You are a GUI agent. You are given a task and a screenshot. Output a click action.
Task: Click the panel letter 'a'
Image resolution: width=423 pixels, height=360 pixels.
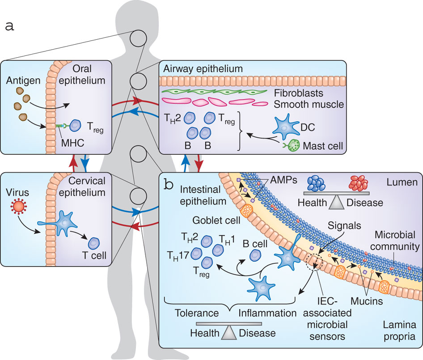[9, 25]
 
